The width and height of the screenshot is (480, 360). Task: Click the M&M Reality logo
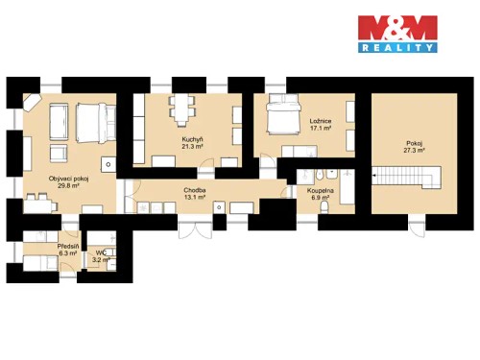[396, 33]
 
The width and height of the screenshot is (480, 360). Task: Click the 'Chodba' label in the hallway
[195, 190]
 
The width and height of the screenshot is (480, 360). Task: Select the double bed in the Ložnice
[285, 118]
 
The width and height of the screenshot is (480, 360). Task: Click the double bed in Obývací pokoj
[89, 124]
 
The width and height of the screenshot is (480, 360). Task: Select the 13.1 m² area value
[195, 198]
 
